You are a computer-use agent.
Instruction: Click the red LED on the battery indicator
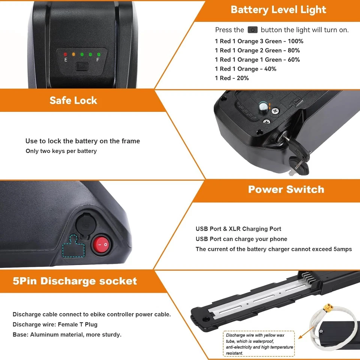tap(65, 55)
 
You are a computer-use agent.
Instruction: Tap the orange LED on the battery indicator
tap(73, 55)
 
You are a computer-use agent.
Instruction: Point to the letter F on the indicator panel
tap(98, 60)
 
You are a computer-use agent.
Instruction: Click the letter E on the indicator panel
tap(66, 60)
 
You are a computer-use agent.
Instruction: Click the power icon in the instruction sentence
tap(252, 30)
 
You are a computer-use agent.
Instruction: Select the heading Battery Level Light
tap(279, 10)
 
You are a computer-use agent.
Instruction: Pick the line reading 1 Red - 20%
tap(232, 78)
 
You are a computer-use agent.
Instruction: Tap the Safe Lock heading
tap(73, 100)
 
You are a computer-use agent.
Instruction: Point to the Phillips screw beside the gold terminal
tap(276, 111)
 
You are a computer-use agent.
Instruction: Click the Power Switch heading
tap(286, 189)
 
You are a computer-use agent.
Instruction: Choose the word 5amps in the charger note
tap(342, 249)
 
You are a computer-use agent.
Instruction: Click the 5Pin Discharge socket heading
tap(75, 281)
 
